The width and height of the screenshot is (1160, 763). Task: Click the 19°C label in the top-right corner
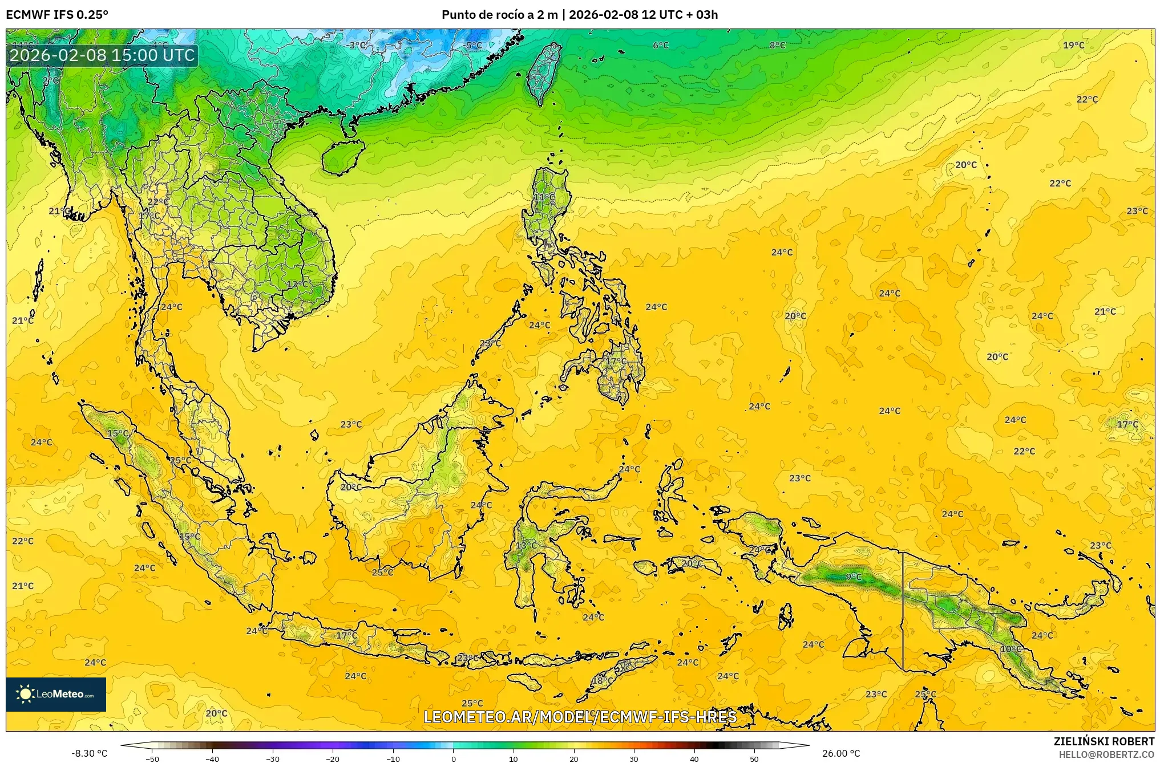click(x=1073, y=46)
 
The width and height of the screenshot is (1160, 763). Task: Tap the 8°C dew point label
click(x=777, y=46)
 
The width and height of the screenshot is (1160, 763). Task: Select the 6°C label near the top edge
click(x=661, y=46)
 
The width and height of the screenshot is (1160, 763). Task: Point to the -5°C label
click(x=473, y=46)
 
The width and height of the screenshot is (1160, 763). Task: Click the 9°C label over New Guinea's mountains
click(x=854, y=577)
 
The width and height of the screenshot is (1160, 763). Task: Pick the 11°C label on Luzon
click(x=544, y=197)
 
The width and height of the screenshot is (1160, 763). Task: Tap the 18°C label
click(x=603, y=681)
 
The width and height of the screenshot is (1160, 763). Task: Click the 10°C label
click(x=1011, y=649)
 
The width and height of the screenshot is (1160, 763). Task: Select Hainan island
click(x=342, y=157)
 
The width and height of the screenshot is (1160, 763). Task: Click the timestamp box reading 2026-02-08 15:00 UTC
click(x=103, y=55)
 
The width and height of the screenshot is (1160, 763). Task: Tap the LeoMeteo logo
click(x=56, y=694)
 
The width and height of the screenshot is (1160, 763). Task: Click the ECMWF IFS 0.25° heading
click(x=57, y=15)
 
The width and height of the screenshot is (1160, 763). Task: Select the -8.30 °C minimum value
click(x=89, y=753)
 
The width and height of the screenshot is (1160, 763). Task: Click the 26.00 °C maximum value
click(x=840, y=753)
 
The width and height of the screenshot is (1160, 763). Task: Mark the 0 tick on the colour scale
click(x=454, y=759)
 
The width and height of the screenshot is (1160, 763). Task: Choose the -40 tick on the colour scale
click(x=212, y=759)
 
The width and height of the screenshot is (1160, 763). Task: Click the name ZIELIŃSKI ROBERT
click(x=1104, y=741)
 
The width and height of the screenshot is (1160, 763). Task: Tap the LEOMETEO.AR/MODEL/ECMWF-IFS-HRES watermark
click(x=580, y=717)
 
